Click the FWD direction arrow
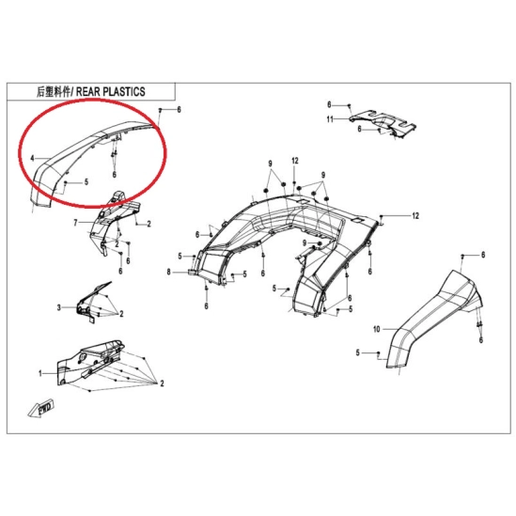point(41,409)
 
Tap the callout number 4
point(32,159)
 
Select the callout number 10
point(377,329)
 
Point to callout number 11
point(330,119)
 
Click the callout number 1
point(40,373)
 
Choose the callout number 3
point(59,307)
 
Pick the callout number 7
point(75,223)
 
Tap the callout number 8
point(169,272)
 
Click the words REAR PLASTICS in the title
point(111,91)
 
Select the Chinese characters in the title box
point(54,92)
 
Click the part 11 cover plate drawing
point(383,125)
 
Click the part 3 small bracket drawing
point(92,303)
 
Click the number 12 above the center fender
point(295,161)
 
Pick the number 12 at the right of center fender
point(415,216)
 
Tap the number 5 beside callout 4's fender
point(86,181)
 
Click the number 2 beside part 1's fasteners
point(162,383)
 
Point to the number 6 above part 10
point(483,255)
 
